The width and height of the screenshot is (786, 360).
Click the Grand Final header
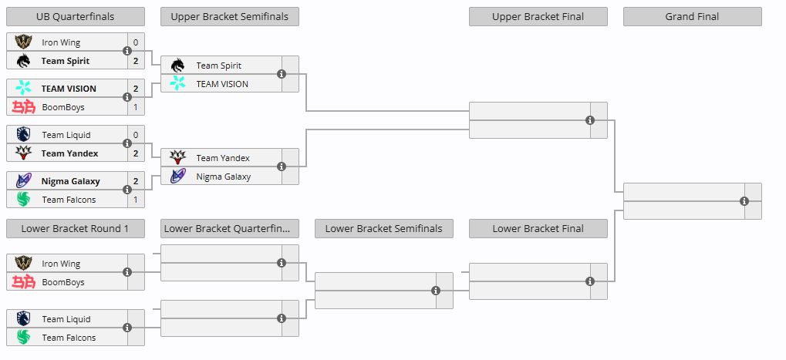pos(692,16)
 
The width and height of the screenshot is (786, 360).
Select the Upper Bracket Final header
pos(538,16)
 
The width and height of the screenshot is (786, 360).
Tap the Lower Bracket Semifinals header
pos(384,229)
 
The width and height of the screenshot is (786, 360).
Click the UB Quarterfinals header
pos(75,16)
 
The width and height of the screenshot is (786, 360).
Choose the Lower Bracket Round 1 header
pos(75,229)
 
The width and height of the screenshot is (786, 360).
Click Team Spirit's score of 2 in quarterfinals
pos(136,61)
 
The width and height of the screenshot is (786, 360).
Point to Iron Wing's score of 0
pos(136,42)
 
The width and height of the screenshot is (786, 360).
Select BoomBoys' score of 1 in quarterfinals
pos(136,107)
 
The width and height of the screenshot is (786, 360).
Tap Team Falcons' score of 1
pos(136,200)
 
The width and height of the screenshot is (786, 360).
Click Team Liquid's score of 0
pos(136,135)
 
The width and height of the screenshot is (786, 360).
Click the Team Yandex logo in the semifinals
pos(177,158)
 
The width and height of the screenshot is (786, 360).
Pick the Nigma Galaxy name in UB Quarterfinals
pos(71,181)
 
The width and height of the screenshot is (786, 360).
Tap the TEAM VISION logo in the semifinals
pos(177,83)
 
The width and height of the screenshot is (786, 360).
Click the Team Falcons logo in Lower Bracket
pos(23,338)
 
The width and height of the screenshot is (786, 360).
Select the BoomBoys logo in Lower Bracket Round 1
pos(24,282)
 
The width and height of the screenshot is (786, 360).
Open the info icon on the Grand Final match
pos(744,200)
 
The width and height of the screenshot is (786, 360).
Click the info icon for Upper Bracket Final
pos(590,120)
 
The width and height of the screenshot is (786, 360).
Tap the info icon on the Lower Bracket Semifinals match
pos(436,291)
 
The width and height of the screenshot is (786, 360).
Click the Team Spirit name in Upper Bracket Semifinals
pos(219,66)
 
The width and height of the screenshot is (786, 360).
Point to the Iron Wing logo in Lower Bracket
pos(23,264)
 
